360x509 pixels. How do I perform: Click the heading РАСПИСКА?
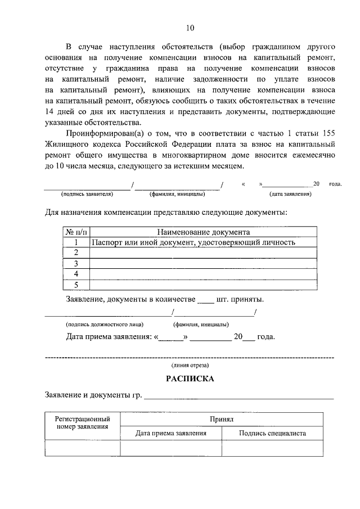190,379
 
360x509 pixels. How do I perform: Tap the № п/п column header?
76,232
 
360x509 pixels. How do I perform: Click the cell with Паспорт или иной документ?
193,242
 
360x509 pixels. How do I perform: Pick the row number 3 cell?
76,263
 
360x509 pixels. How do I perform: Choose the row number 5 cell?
76,284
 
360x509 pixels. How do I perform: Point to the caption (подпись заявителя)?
87,194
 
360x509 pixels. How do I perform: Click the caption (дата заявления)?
290,194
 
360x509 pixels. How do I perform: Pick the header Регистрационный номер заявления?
82,423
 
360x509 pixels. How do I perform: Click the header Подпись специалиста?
272,434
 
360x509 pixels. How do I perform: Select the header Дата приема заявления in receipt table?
171,434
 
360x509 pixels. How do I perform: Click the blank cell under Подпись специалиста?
272,448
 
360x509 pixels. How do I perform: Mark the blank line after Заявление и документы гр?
238,397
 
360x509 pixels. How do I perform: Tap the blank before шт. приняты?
206,300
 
